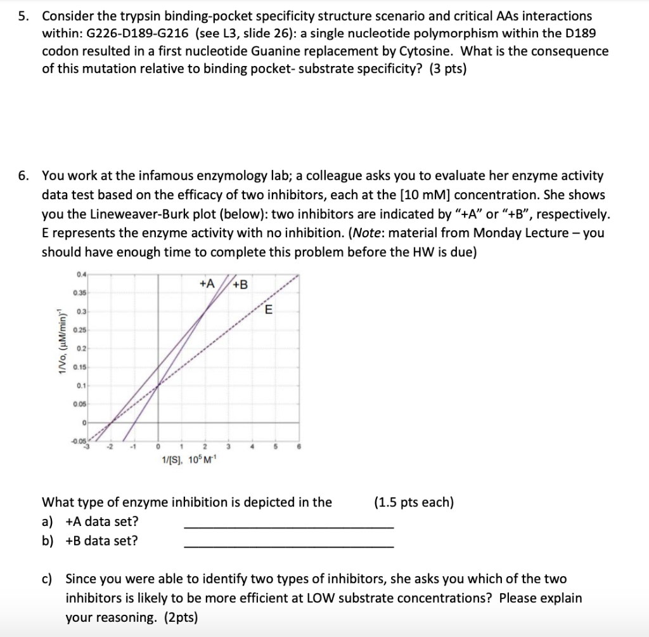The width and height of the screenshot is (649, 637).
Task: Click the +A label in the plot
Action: [x=207, y=284]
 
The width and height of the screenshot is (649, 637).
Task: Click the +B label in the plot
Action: [x=241, y=284]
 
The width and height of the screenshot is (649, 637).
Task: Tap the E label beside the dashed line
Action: [x=268, y=310]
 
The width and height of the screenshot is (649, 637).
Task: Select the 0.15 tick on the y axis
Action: [x=80, y=367]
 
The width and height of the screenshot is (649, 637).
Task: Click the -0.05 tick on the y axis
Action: [x=79, y=440]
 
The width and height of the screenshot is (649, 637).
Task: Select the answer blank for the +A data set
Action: [x=288, y=527]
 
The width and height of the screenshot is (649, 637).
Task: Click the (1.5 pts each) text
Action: [x=413, y=502]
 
